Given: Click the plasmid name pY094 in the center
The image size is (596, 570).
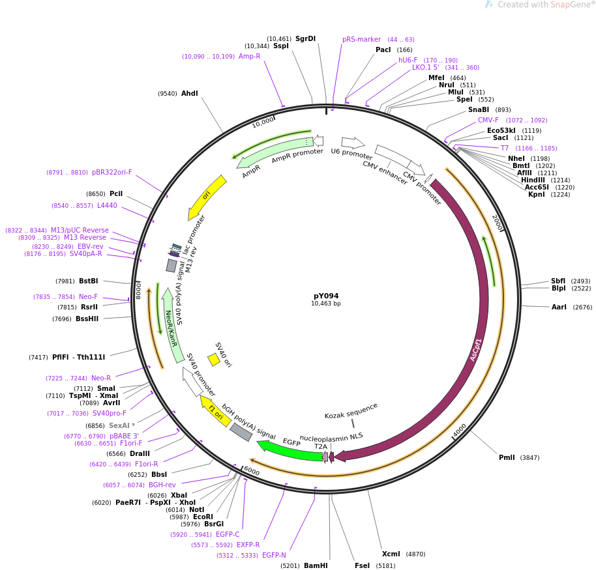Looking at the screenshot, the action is (x=326, y=296).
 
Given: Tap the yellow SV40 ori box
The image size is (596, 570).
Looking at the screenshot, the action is (x=214, y=360).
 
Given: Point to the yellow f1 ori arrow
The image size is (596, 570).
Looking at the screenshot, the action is (x=215, y=411).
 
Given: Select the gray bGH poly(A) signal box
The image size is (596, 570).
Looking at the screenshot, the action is (x=241, y=432).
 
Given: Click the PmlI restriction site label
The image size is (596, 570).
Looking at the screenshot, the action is (x=507, y=457).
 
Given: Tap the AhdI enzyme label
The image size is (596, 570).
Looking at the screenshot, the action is (x=189, y=93).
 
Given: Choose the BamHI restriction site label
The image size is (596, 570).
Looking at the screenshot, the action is (x=316, y=565).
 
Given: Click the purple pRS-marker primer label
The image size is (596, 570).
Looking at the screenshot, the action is (x=361, y=40).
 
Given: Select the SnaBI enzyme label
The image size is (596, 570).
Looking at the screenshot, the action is (x=479, y=109).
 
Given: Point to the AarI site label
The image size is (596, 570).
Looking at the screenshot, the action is (x=559, y=307).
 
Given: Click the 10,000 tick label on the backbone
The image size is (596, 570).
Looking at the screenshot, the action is (x=263, y=122).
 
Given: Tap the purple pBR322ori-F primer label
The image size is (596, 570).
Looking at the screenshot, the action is (x=112, y=172).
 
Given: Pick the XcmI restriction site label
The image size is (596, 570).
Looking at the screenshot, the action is (x=391, y=554).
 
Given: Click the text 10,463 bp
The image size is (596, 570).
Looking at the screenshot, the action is (x=326, y=304).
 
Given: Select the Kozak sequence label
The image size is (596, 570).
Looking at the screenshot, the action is (x=351, y=411).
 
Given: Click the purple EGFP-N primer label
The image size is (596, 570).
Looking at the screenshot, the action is (x=274, y=555).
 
